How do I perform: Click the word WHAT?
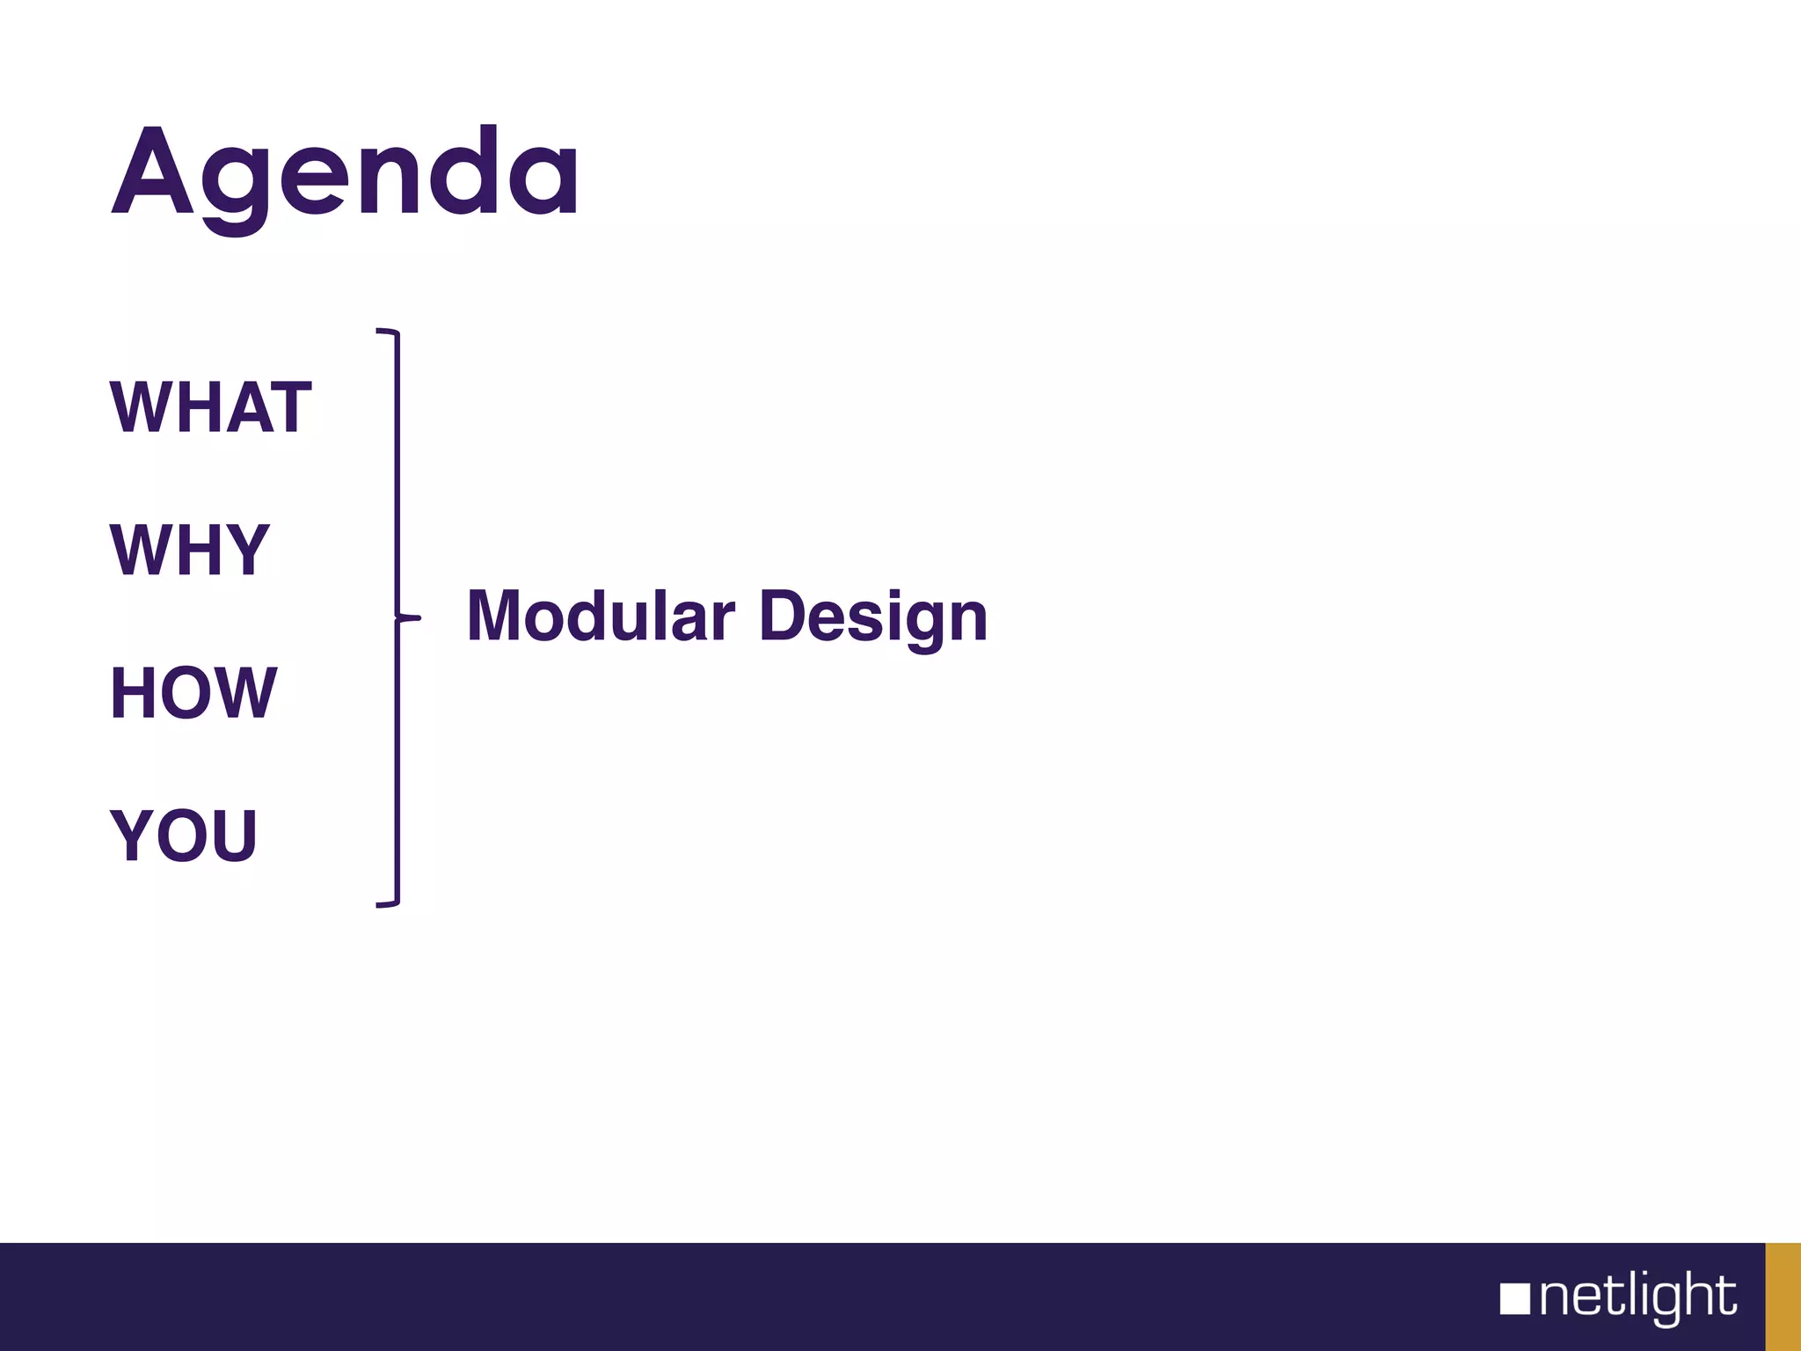click(x=211, y=408)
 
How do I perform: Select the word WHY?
click(x=190, y=551)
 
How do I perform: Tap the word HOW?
click(x=193, y=693)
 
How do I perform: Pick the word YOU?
click(x=184, y=836)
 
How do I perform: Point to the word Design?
click(x=872, y=617)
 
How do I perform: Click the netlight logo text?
click(x=1637, y=1297)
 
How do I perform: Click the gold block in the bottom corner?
click(x=1783, y=1296)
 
